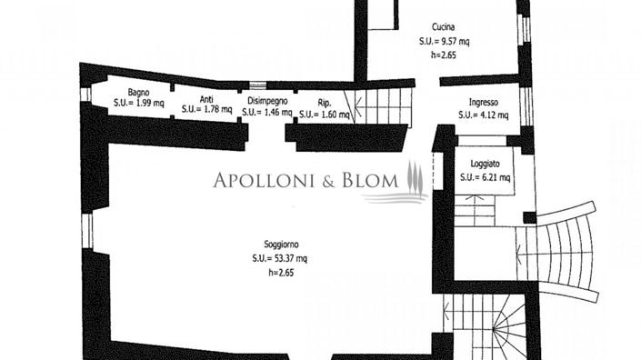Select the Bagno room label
coord(138,92)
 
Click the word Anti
coord(206,99)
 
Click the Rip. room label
coord(325,104)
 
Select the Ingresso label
coord(483,103)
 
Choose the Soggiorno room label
coord(281,245)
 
